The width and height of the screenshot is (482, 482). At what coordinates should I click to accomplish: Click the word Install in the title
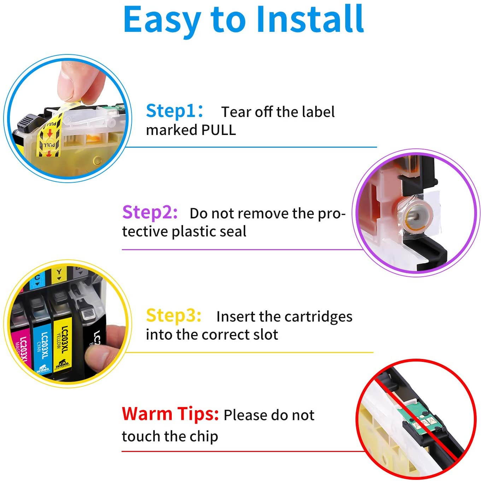(310, 19)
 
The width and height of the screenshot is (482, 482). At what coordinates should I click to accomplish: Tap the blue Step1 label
(174, 111)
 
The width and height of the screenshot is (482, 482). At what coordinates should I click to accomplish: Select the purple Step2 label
(150, 213)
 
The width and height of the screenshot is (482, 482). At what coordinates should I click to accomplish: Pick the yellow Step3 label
(174, 316)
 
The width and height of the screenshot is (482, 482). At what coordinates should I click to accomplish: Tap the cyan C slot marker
(37, 280)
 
